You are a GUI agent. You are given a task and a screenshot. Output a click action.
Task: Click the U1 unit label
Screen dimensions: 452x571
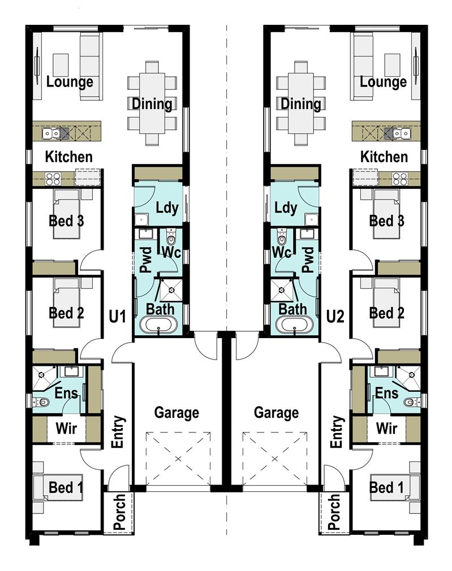coord(117,316)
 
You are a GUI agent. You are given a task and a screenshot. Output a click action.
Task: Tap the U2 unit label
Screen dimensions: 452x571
coord(335,316)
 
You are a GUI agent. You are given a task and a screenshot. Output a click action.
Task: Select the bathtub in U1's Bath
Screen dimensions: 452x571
coord(158,324)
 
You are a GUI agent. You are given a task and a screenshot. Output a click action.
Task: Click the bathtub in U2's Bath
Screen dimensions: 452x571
coord(294,324)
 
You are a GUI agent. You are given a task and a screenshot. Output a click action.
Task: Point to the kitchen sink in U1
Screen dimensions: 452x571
coord(51,133)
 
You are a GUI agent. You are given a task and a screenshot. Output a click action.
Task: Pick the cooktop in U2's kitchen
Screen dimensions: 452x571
coord(399,179)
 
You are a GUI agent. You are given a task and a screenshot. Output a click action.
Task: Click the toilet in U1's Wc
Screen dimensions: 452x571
coord(171,237)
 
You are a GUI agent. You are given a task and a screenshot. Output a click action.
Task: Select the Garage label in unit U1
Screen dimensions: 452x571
coord(177,413)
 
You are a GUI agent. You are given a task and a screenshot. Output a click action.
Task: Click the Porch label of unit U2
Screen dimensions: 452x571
coord(334,512)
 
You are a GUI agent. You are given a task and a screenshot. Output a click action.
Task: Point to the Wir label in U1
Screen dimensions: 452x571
coord(66,429)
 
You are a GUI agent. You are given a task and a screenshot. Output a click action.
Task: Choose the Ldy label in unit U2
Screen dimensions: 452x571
coord(286,207)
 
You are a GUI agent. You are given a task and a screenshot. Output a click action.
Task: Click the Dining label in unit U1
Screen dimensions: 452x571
coord(152,104)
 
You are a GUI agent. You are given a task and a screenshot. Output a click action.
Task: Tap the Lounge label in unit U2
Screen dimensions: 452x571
coord(383,82)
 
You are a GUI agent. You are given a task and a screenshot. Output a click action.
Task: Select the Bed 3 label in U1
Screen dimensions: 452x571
coord(66,220)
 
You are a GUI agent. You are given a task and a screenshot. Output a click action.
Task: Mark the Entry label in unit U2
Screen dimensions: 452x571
coord(337,431)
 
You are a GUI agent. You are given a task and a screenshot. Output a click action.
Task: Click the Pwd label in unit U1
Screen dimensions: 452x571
coord(146,259)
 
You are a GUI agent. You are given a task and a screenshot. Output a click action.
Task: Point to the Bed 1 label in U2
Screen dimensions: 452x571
coord(386,487)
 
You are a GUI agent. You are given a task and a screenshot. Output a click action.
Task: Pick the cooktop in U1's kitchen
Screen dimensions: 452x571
coord(53,179)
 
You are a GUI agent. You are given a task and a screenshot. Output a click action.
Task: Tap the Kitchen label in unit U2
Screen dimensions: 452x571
coord(384,157)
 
